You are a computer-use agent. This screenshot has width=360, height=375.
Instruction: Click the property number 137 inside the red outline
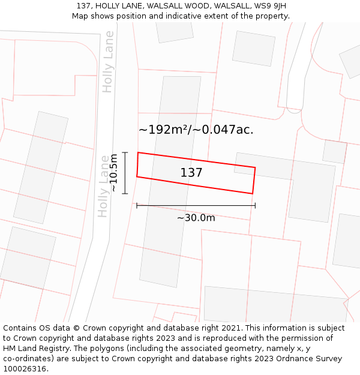191,173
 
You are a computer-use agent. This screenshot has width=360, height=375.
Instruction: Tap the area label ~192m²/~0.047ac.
196,130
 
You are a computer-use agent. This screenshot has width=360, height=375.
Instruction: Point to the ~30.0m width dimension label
196,218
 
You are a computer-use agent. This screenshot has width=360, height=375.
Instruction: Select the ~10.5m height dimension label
113,173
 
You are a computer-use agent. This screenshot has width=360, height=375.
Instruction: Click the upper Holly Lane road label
108,70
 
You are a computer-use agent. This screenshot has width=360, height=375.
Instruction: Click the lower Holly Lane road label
104,186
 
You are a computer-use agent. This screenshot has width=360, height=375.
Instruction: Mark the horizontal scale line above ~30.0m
196,205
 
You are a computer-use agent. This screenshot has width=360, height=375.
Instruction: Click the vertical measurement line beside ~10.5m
125,173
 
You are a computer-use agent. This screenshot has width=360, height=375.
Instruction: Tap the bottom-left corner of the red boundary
137,176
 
